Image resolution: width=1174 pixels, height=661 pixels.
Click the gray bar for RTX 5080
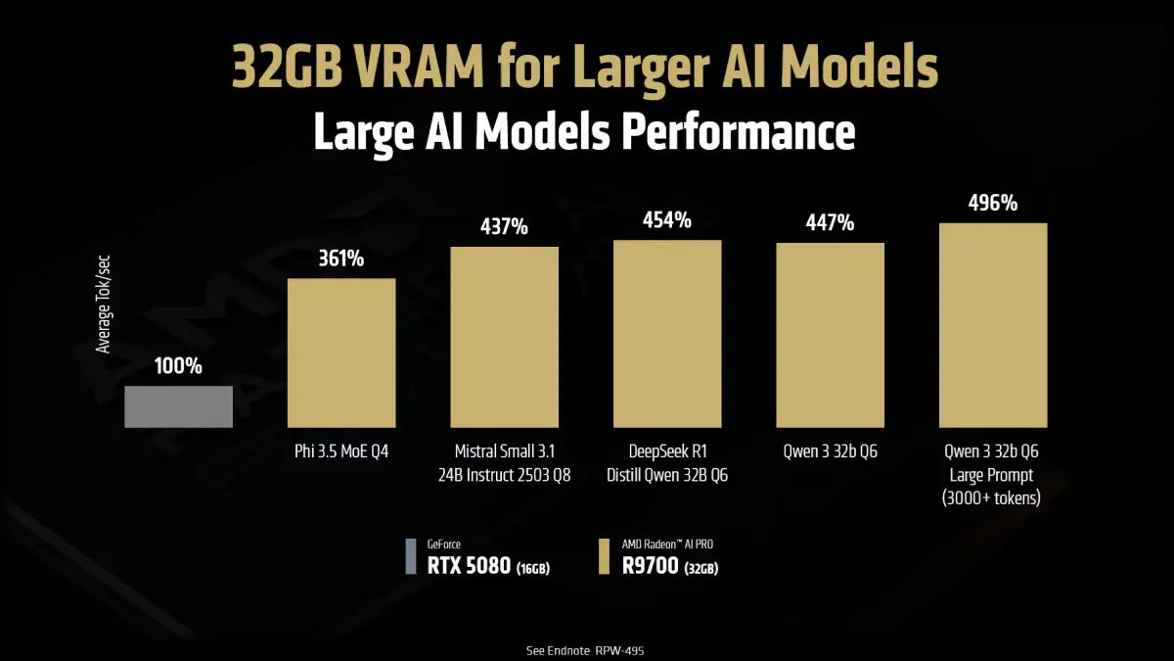178,406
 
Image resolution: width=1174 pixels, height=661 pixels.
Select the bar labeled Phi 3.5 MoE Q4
341,353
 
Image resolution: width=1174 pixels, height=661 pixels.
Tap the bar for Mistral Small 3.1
504,337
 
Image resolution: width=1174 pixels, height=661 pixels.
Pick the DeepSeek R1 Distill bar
667,333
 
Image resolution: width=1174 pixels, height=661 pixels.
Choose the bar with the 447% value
831,335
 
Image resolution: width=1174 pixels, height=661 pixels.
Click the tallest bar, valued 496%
993,325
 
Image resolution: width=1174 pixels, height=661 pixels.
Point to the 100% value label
178,366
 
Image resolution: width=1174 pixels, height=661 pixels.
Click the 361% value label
340,260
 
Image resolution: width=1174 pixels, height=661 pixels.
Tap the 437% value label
504,227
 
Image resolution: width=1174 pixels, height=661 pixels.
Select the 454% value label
667,219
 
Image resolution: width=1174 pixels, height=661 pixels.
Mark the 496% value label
993,204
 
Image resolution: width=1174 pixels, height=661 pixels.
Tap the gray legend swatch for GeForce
411,556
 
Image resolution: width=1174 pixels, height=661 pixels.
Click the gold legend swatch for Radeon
606,556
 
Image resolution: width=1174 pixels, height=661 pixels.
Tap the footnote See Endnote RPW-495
586,650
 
